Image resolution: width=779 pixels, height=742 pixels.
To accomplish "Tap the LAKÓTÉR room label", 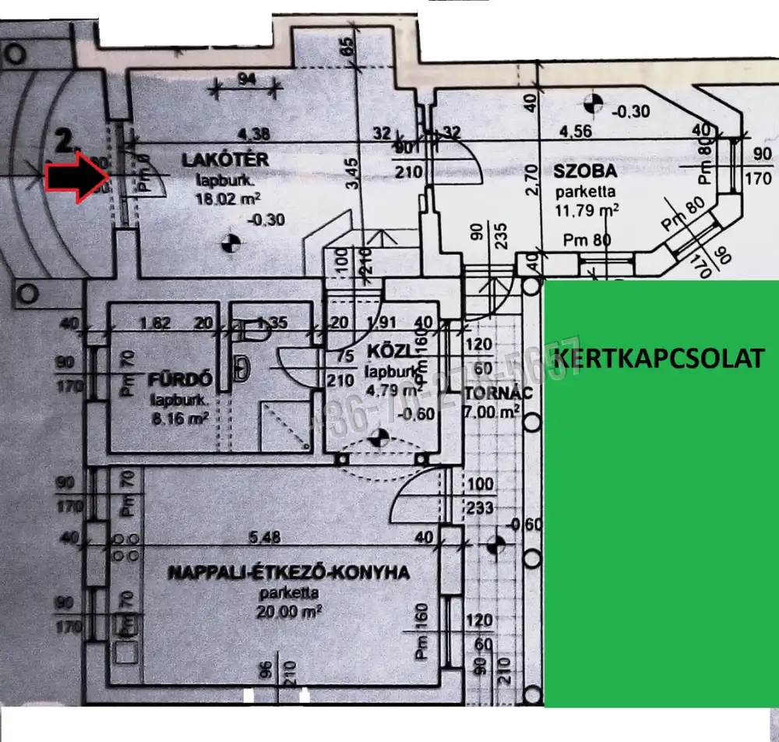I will click(x=225, y=160).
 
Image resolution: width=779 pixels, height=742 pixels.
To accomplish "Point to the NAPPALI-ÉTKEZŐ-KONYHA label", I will click(x=289, y=573).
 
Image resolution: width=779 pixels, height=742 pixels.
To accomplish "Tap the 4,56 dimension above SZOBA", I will click(x=574, y=132).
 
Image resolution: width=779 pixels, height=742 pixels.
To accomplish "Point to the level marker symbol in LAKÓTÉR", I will click(x=230, y=242).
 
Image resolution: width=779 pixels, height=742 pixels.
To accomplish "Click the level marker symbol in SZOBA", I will click(x=594, y=102).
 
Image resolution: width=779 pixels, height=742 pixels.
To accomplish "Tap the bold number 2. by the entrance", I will click(x=68, y=142).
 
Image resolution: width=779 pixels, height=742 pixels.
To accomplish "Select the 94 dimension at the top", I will click(x=247, y=78).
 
